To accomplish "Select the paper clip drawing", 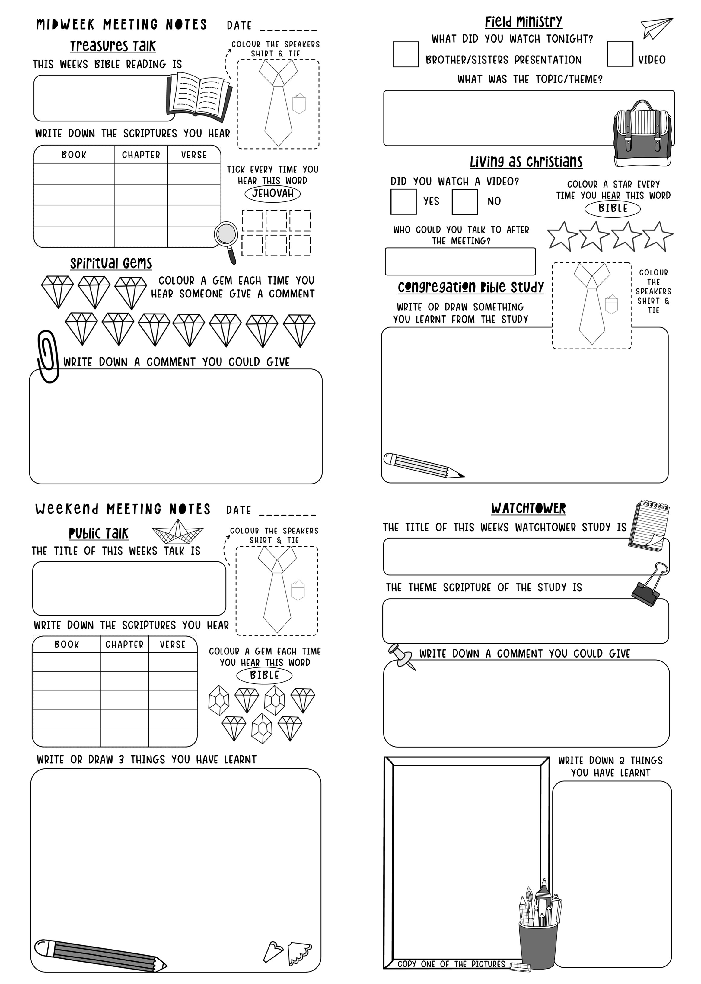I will tap(48, 356).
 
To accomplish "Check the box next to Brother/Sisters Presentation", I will tap(405, 54).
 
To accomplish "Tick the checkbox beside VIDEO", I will tap(620, 54).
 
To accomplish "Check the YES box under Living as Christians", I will tap(403, 202).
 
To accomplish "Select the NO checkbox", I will tap(464, 202).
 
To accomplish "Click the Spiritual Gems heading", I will tap(111, 263).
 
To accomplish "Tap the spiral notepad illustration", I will tap(649, 526).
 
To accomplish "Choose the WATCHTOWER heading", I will tap(528, 508).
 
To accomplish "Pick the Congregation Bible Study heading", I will tap(470, 287).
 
